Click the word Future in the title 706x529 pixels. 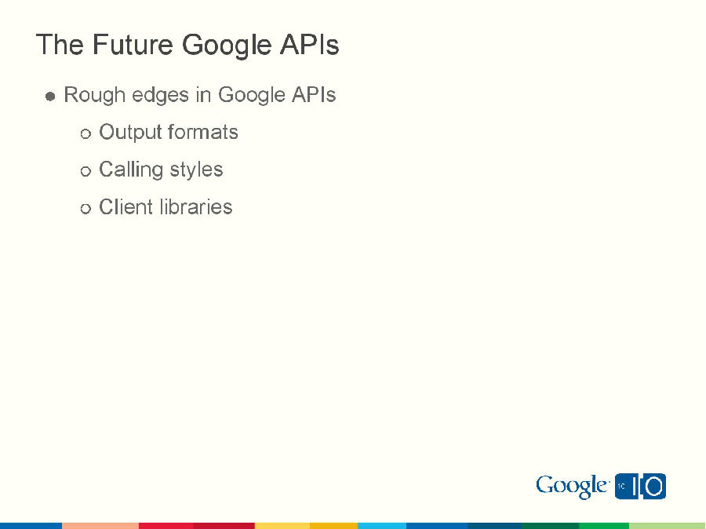point(133,45)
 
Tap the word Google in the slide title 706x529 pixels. point(227,46)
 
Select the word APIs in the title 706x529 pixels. point(309,45)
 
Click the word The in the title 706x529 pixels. point(60,45)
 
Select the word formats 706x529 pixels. point(203,132)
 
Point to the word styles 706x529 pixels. point(195,170)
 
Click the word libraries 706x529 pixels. point(196,207)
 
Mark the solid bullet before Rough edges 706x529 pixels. point(50,97)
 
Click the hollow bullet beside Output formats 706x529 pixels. point(86,134)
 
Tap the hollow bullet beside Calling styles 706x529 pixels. point(86,172)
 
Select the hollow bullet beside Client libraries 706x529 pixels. point(86,209)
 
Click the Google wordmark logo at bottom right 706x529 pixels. point(572,487)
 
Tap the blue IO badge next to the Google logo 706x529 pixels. point(640,486)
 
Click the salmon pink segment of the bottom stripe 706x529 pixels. point(100,525)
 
